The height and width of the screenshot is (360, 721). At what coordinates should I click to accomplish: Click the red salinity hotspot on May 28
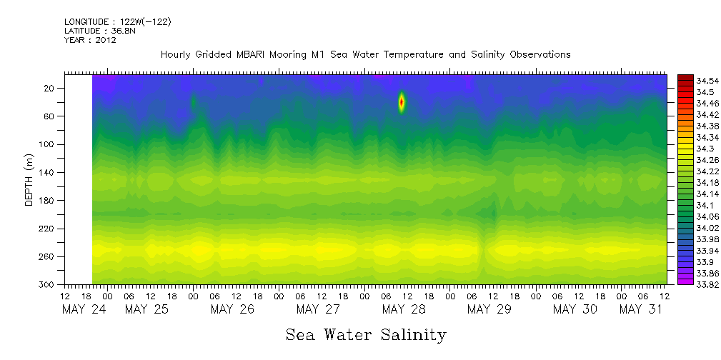pyautogui.click(x=401, y=102)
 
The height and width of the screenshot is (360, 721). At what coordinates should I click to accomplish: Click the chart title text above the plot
pyautogui.click(x=365, y=54)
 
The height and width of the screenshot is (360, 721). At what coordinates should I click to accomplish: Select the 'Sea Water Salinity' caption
pyautogui.click(x=366, y=335)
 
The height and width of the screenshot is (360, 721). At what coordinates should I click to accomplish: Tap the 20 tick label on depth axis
pyautogui.click(x=50, y=88)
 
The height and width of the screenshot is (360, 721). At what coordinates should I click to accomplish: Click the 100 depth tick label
pyautogui.click(x=48, y=144)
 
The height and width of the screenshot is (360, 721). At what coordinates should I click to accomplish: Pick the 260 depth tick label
pyautogui.click(x=48, y=256)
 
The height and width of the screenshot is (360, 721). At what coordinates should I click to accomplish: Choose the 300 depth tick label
pyautogui.click(x=48, y=284)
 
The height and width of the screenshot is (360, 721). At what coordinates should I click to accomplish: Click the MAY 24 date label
pyautogui.click(x=84, y=309)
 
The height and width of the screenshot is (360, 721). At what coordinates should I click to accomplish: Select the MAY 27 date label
pyautogui.click(x=318, y=309)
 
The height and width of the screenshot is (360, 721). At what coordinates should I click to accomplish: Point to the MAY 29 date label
pyautogui.click(x=489, y=309)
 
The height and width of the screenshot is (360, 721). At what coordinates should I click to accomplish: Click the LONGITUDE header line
pyautogui.click(x=117, y=22)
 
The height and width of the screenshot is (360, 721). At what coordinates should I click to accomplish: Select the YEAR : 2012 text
pyautogui.click(x=90, y=40)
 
